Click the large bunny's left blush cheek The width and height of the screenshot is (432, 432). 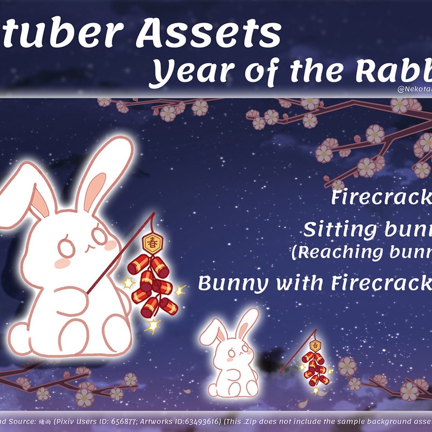62,263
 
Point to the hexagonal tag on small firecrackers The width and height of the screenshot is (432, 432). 315,345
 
